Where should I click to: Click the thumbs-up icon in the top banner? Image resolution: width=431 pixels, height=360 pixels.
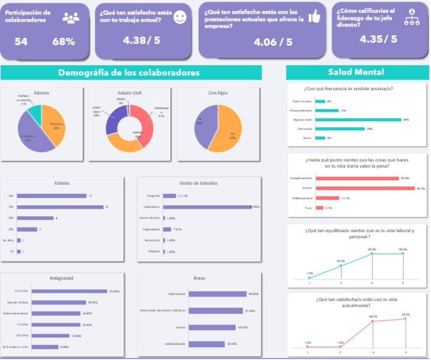pos(314,17)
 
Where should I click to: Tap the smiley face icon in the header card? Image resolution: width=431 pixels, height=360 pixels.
pos(180,17)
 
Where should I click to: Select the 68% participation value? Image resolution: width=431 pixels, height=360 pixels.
pos(63,42)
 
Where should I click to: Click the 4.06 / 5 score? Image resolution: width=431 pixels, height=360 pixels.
pos(273,42)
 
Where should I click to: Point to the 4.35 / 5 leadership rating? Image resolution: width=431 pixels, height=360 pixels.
pos(378,39)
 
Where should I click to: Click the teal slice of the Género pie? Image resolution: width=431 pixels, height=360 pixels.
pos(34,114)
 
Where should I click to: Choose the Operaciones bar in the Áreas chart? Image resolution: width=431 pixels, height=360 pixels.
pos(217,294)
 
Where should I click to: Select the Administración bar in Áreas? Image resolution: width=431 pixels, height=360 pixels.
pos(206,344)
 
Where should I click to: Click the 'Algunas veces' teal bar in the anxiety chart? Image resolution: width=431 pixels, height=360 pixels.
pos(358,120)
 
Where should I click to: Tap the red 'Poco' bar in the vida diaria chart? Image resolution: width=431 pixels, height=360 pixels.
pos(319,208)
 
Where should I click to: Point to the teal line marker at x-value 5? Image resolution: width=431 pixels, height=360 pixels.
pos(403,254)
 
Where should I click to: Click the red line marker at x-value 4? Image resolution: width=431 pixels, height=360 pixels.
pos(373,321)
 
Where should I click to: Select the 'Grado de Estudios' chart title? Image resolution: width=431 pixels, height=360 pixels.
pos(199,183)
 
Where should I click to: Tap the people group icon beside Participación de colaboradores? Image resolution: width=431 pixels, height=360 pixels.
pos(71,18)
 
